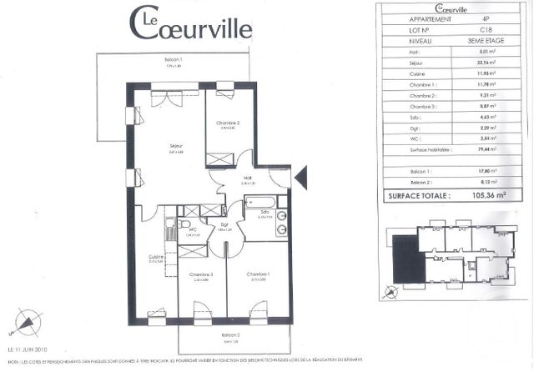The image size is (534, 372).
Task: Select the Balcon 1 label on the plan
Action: coord(173,60)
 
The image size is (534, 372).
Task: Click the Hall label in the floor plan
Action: coord(247,178)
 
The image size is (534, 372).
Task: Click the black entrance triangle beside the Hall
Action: coord(302,175)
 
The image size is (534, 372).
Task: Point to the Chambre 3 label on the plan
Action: coord(201,274)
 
